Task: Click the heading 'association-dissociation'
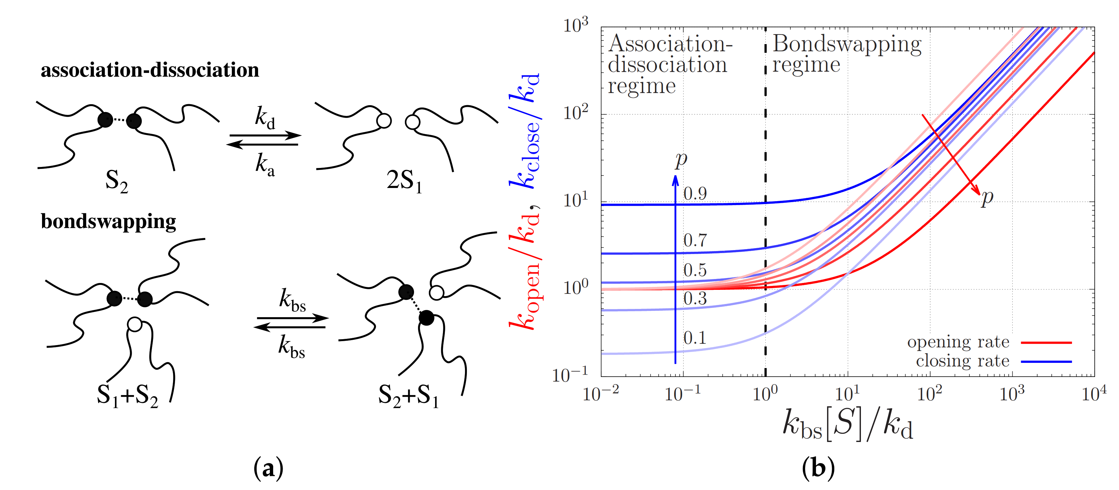pyautogui.click(x=150, y=70)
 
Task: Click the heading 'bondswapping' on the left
pyautogui.click(x=109, y=222)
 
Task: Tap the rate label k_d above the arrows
pyautogui.click(x=265, y=118)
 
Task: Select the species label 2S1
pyautogui.click(x=404, y=180)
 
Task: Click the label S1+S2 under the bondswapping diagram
pyautogui.click(x=127, y=396)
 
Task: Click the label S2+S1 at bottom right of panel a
pyautogui.click(x=408, y=396)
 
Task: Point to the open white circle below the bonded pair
pyautogui.click(x=135, y=324)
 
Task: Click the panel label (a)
pyautogui.click(x=269, y=469)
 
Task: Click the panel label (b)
pyautogui.click(x=818, y=469)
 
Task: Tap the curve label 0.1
pyautogui.click(x=695, y=338)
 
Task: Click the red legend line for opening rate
pyautogui.click(x=1046, y=343)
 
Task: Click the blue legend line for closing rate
pyautogui.click(x=1046, y=361)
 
